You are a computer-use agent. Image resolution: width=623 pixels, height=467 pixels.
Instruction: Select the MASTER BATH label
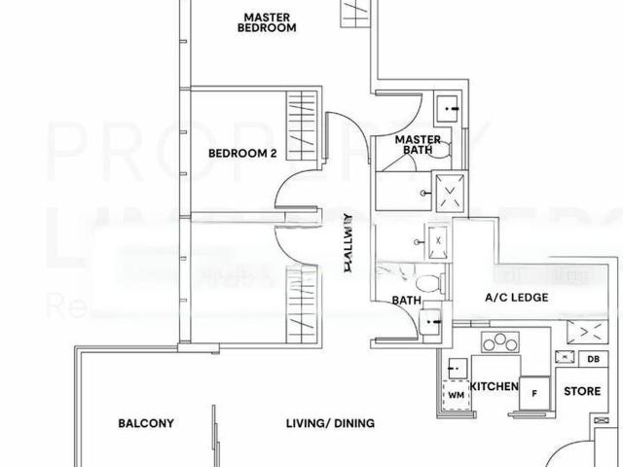[415, 146]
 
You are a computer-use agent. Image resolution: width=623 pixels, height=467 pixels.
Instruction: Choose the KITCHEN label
[494, 386]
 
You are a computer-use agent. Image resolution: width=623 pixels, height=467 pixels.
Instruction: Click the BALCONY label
[146, 423]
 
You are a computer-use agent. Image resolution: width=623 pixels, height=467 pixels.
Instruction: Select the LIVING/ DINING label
[316, 423]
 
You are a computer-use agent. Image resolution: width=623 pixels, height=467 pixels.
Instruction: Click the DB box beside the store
[593, 359]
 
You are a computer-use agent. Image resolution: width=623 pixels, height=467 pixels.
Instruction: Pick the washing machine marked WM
[456, 396]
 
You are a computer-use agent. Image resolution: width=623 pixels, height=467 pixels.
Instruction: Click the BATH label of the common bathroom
[405, 302]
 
